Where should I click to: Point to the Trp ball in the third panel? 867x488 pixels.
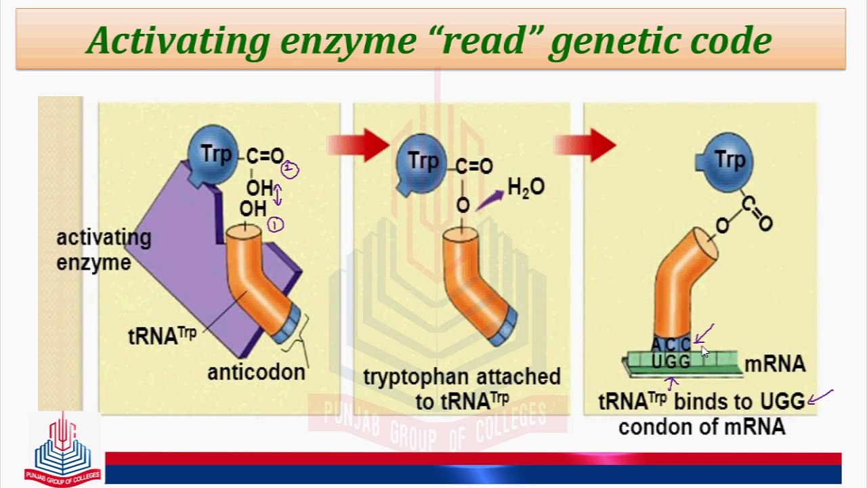(728, 160)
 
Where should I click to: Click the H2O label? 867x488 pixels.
(526, 188)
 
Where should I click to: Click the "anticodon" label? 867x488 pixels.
(256, 373)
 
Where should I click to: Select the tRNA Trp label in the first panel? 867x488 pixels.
(162, 335)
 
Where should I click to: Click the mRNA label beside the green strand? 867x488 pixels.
(775, 365)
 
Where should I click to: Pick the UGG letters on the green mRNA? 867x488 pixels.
(671, 362)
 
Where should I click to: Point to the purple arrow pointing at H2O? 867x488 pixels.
(490, 200)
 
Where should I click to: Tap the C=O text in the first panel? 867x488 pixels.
(266, 157)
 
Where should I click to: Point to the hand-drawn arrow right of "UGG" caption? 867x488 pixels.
(820, 396)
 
